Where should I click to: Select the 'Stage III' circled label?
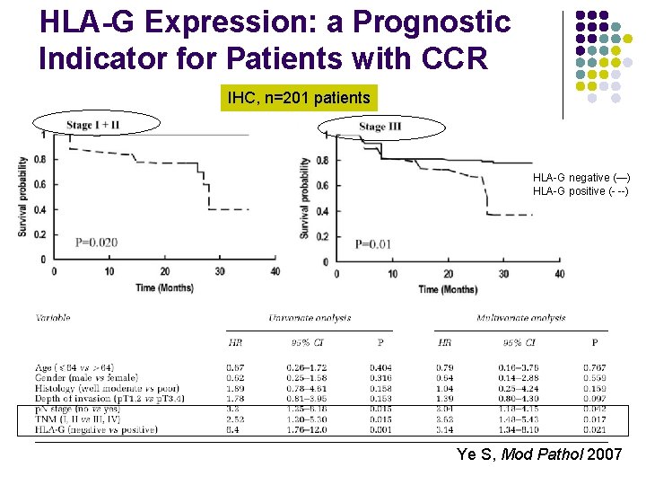tap(380, 127)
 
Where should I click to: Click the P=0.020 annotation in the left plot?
tap(96, 242)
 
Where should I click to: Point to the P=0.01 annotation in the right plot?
tap(373, 243)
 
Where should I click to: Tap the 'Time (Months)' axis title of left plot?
tap(164, 287)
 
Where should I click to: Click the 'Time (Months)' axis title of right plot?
tap(448, 289)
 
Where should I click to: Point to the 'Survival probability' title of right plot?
tap(306, 198)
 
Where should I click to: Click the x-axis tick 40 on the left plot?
tap(275, 271)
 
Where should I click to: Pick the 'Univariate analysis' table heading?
tap(310, 318)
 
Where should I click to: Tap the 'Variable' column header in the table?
tap(54, 318)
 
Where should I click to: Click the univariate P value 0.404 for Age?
tap(381, 367)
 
